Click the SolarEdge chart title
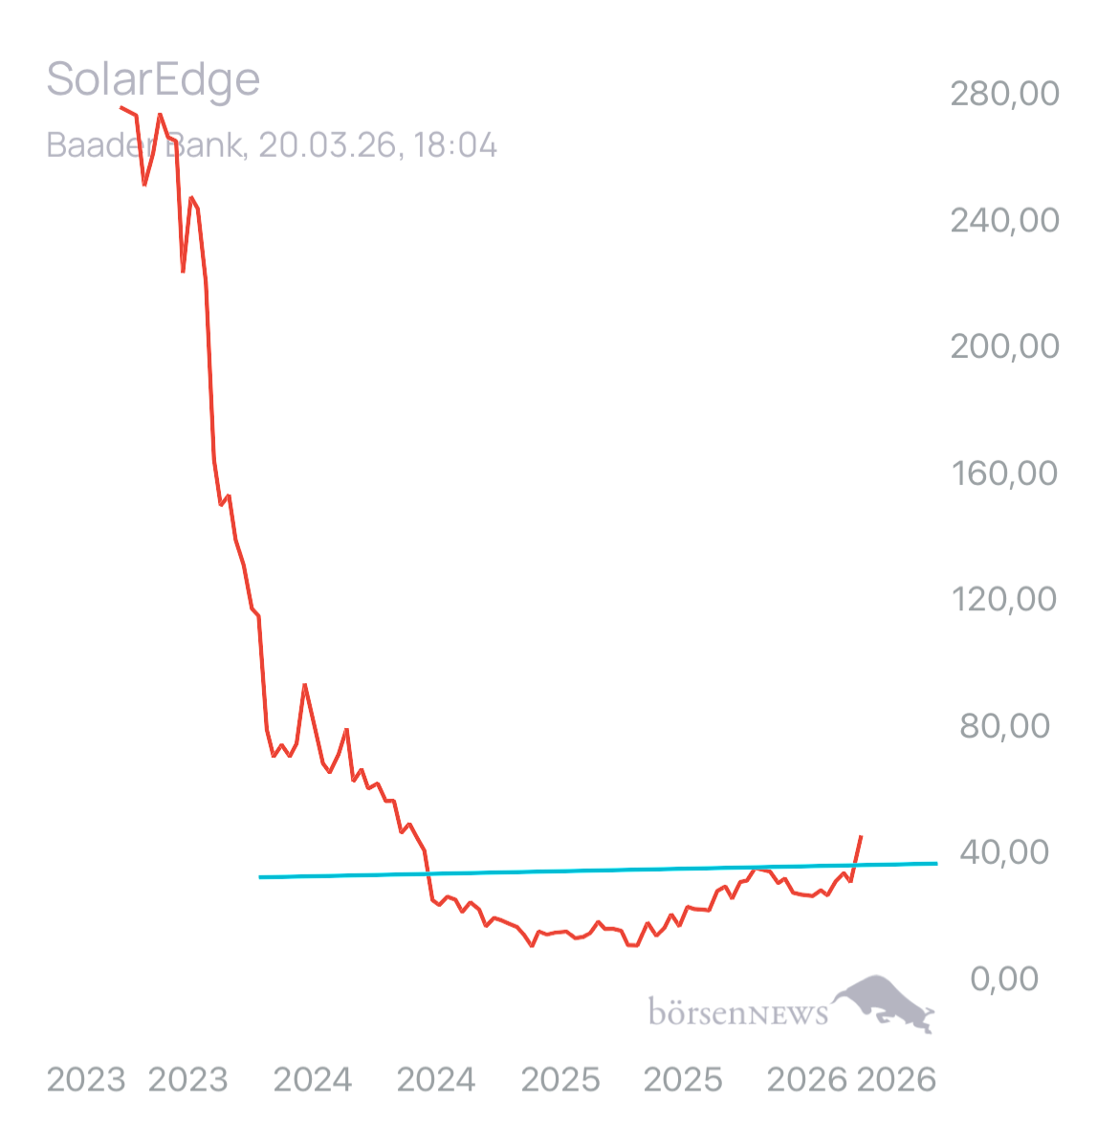(153, 78)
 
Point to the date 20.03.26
(324, 145)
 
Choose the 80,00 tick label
(1004, 725)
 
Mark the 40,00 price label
(1004, 851)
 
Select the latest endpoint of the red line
(862, 835)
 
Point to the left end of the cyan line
(260, 876)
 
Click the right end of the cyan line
(936, 862)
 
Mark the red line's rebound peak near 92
(304, 685)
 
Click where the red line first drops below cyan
(428, 872)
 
